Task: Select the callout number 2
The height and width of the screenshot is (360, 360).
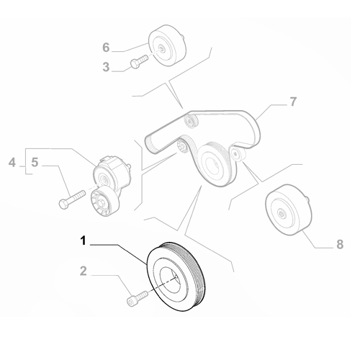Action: (83, 271)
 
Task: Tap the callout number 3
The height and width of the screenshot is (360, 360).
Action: (106, 67)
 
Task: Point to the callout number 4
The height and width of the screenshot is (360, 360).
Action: (11, 164)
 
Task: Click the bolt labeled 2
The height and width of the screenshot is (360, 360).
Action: (136, 297)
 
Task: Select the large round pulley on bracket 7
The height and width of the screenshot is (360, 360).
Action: (214, 166)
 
